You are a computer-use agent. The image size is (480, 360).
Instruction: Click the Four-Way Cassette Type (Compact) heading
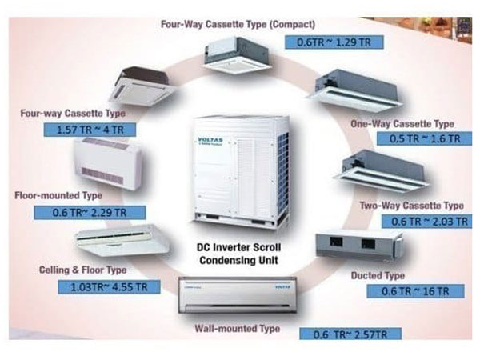pos(238,24)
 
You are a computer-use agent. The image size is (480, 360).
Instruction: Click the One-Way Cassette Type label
pos(402,124)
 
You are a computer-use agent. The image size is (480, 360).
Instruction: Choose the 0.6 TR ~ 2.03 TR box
pos(422,221)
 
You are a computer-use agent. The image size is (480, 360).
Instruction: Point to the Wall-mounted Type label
pos(237,329)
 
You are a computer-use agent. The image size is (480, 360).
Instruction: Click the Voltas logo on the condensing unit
pos(207,142)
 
